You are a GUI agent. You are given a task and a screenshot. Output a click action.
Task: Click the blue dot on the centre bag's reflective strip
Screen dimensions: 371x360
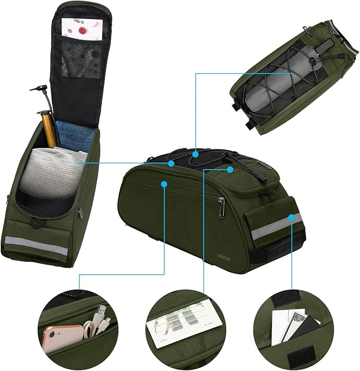(x=292, y=217)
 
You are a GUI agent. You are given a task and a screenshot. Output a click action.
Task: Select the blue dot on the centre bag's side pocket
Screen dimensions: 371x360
(x=164, y=184)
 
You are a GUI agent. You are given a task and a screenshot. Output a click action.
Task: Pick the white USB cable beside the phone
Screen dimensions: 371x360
(x=98, y=323)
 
